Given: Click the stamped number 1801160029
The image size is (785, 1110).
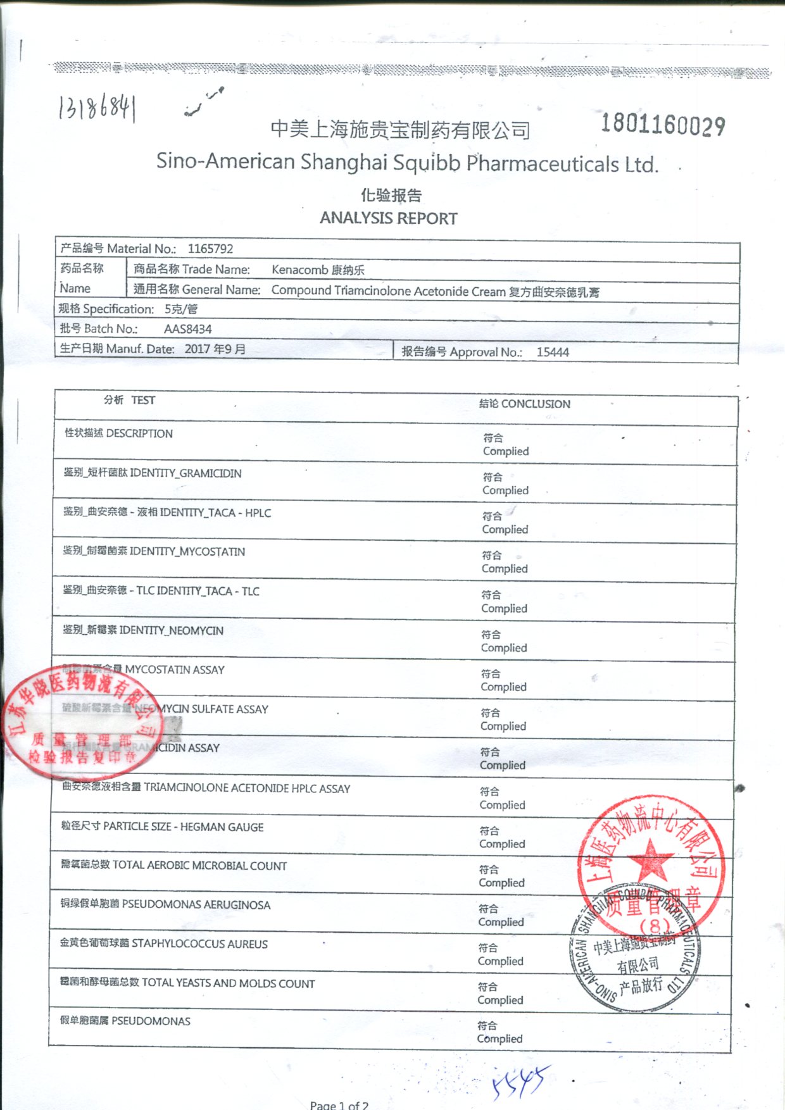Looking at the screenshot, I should tap(663, 124).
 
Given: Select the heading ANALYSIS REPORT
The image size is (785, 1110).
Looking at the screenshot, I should tap(388, 218).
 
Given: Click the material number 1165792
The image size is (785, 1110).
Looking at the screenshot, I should tap(210, 249).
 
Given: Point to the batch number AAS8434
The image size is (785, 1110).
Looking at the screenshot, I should tap(187, 329).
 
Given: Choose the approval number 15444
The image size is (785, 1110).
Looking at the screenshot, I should tap(553, 352).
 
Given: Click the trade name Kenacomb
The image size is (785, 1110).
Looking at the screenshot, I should tap(300, 270).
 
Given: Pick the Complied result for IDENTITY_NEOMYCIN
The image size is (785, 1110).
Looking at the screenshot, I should tap(504, 648).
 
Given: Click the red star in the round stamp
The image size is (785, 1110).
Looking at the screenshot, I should tap(650, 860).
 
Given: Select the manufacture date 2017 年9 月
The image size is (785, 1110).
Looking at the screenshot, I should tap(215, 349).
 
